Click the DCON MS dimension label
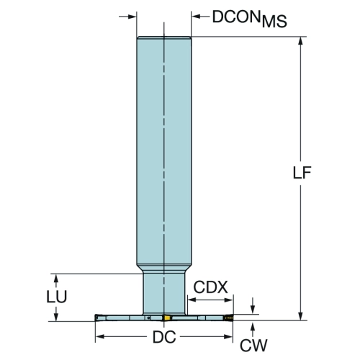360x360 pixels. pyautogui.click(x=250, y=19)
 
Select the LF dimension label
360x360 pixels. pyautogui.click(x=302, y=172)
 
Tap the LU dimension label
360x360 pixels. pyautogui.click(x=57, y=297)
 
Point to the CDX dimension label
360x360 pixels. pyautogui.click(x=210, y=287)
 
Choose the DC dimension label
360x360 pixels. pyautogui.click(x=164, y=337)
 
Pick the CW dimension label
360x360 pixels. pyautogui.click(x=253, y=346)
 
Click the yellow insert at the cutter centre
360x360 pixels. pyautogui.click(x=167, y=318)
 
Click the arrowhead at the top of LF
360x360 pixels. pyautogui.click(x=300, y=41)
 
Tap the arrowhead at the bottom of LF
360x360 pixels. pyautogui.click(x=300, y=316)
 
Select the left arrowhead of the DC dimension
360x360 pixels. pyautogui.click(x=99, y=337)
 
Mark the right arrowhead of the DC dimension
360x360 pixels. pyautogui.click(x=228, y=337)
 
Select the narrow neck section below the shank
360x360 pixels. pyautogui.click(x=164, y=293)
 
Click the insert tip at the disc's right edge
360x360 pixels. pyautogui.click(x=229, y=318)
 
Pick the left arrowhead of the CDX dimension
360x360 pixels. pyautogui.click(x=192, y=300)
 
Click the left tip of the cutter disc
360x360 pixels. pyautogui.click(x=96, y=318)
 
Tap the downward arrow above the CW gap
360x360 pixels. pyautogui.click(x=253, y=305)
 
